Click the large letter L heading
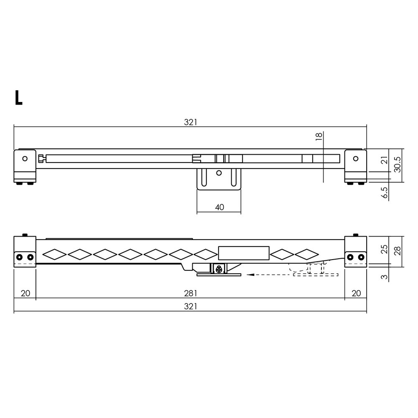(x=18, y=97)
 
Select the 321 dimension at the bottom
(x=190, y=307)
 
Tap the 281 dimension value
(x=190, y=293)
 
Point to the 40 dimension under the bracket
(x=219, y=207)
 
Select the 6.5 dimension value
(x=385, y=194)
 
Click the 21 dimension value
(x=385, y=160)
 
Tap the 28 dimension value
(x=398, y=251)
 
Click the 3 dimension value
(x=385, y=276)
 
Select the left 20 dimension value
(x=25, y=293)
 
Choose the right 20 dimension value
(x=356, y=293)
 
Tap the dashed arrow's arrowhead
(x=250, y=275)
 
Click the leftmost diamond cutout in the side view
(x=54, y=253)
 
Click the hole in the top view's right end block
(x=356, y=158)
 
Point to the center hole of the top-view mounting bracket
(x=219, y=173)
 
